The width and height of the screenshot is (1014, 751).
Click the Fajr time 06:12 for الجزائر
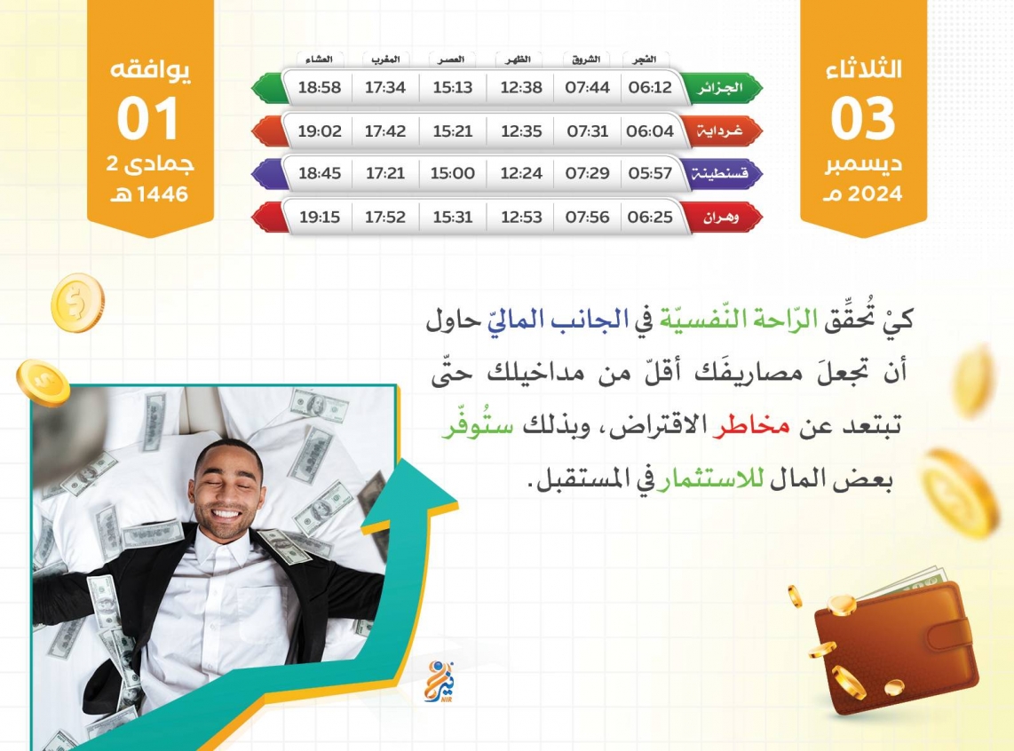coord(650,87)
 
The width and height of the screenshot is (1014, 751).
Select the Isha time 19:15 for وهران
coord(320,217)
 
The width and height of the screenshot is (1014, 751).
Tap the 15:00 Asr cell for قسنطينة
coord(453,173)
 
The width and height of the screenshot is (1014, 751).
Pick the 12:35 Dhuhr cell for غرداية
coord(521,131)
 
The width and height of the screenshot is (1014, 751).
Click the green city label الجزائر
coord(720,88)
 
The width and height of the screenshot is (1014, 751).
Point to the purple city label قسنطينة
coord(720,174)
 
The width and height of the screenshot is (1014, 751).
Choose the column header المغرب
coord(385,59)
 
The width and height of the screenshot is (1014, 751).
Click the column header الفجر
coord(644,59)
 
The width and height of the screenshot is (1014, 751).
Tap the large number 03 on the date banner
coord(863,118)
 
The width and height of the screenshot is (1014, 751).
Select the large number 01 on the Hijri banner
coord(147,118)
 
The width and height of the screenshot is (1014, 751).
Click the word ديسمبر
coord(863,164)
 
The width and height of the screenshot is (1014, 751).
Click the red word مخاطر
coord(751,426)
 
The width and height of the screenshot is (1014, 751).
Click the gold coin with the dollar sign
coord(77,302)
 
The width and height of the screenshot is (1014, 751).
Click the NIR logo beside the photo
coord(440,682)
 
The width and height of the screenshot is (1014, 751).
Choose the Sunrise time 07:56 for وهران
coord(587,217)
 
